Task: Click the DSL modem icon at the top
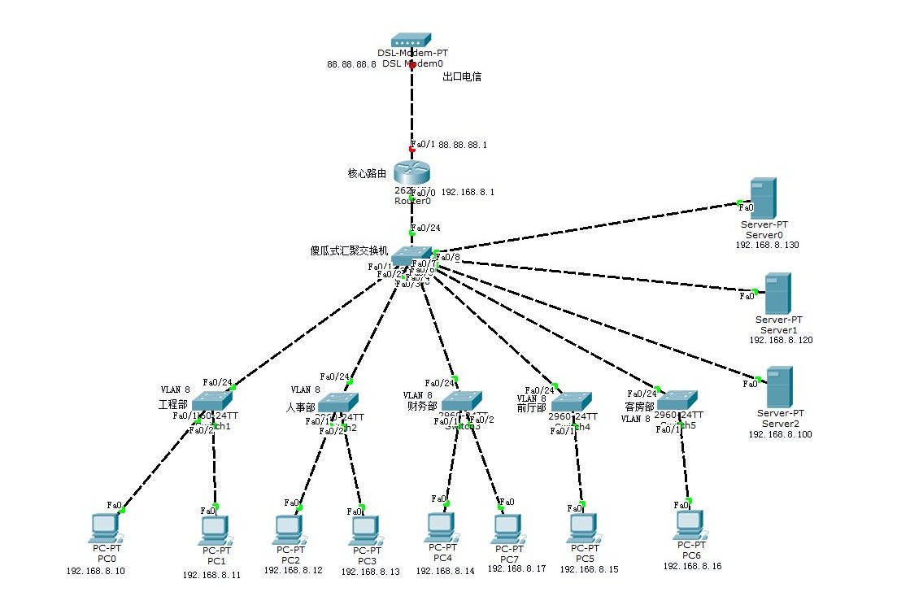pyautogui.click(x=411, y=40)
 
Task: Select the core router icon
pyautogui.click(x=411, y=172)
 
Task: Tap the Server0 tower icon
pyautogui.click(x=763, y=198)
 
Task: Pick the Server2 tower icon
pyautogui.click(x=780, y=387)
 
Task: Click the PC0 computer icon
pyautogui.click(x=106, y=529)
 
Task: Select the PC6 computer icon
pyautogui.click(x=690, y=525)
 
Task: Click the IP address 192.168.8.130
pyautogui.click(x=767, y=245)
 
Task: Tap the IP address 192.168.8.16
pyautogui.click(x=692, y=566)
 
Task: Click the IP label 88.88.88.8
pyautogui.click(x=351, y=63)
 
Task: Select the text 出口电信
pyautogui.click(x=462, y=77)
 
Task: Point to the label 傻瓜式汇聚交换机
pyautogui.click(x=348, y=250)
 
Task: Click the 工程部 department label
pyautogui.click(x=172, y=404)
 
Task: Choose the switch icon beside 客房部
pyautogui.click(x=677, y=401)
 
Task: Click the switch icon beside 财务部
pyautogui.click(x=461, y=400)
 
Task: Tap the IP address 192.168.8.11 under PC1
pyautogui.click(x=211, y=575)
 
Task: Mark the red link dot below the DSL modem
pyautogui.click(x=412, y=64)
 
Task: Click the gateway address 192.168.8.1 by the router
pyautogui.click(x=468, y=193)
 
